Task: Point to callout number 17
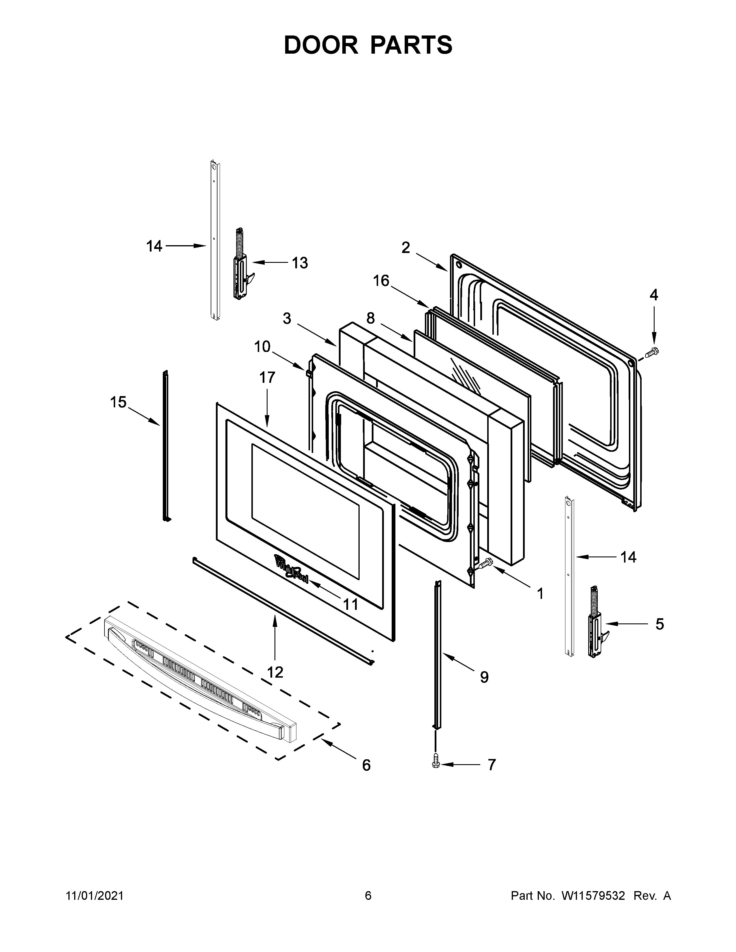[267, 378]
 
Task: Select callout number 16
[381, 281]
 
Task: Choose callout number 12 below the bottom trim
[275, 672]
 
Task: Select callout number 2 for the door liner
[406, 248]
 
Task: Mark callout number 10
[262, 347]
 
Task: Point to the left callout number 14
[154, 246]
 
